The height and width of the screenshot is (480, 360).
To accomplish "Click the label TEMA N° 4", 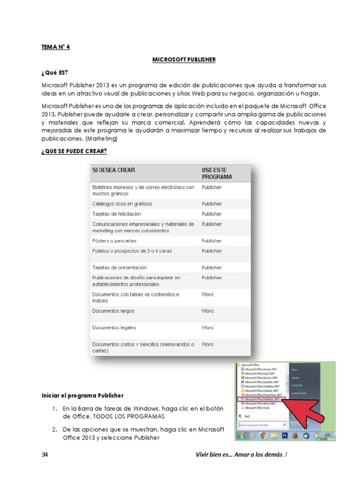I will tap(56, 47).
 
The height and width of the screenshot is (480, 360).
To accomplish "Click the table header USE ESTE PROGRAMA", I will tap(217, 173).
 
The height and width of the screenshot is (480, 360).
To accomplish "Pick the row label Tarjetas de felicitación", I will tap(116, 214).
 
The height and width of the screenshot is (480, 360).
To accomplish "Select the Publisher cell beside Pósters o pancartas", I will tap(212, 240).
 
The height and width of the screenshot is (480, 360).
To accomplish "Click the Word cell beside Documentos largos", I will tap(207, 311).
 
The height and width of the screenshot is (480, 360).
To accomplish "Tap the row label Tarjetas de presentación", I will tap(120, 267).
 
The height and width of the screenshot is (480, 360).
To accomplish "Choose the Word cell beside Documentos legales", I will tap(207, 328).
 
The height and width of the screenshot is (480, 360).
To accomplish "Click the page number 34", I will tap(45, 455).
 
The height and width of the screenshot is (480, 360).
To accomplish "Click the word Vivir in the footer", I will tap(202, 455).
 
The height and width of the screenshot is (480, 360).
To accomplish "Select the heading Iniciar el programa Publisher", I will tap(82, 396).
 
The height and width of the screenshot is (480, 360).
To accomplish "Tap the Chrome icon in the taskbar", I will tap(263, 435).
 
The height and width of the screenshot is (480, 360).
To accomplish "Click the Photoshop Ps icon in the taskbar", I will tap(285, 435).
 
